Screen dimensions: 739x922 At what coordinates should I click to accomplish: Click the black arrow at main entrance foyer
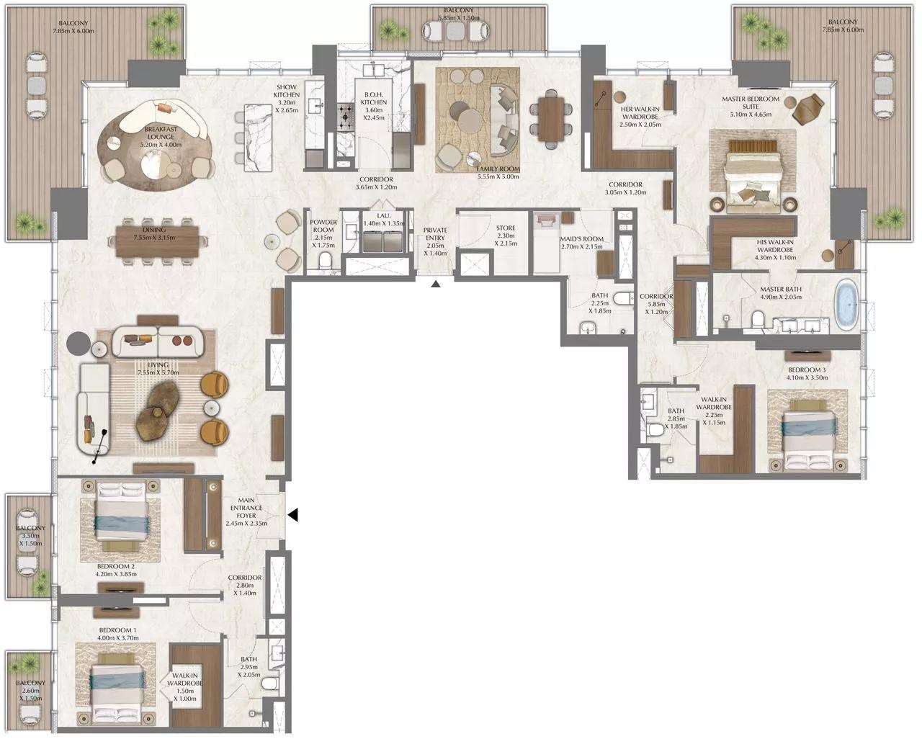pyautogui.click(x=293, y=515)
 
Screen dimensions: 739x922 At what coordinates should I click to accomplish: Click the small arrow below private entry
pyautogui.click(x=435, y=285)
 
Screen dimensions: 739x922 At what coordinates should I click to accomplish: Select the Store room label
pyautogui.click(x=506, y=228)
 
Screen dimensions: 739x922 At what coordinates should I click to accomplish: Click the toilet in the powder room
pyautogui.click(x=325, y=260)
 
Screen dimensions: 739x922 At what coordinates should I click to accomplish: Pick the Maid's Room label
pyautogui.click(x=581, y=239)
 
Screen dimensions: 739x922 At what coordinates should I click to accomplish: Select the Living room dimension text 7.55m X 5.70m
pyautogui.click(x=157, y=372)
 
